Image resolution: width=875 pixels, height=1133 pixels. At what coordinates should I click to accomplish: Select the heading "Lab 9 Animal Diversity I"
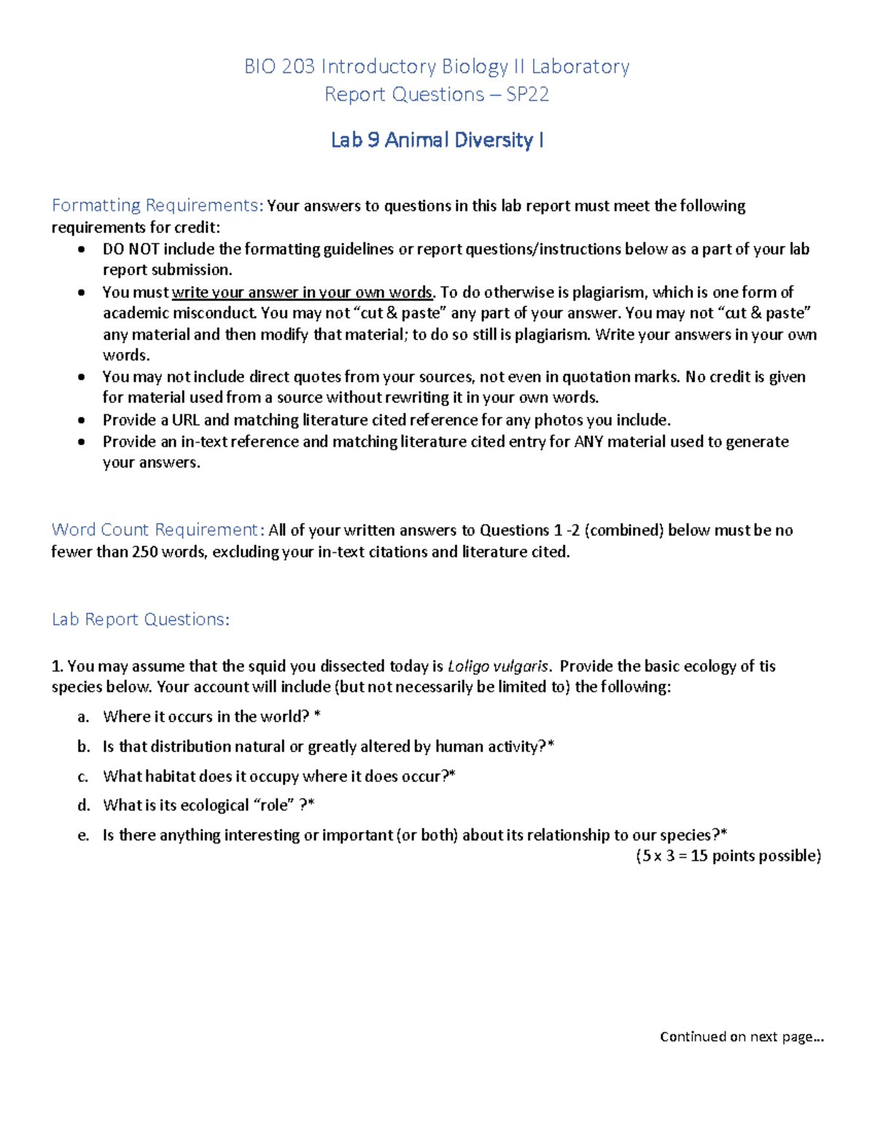click(437, 140)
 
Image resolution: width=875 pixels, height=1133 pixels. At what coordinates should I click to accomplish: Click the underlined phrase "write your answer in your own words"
click(303, 293)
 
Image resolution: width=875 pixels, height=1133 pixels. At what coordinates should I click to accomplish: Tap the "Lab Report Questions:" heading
click(141, 619)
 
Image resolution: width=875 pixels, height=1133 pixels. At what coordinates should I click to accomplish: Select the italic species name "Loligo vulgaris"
click(498, 666)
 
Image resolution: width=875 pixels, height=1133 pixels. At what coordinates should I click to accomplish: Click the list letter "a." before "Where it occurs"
click(83, 717)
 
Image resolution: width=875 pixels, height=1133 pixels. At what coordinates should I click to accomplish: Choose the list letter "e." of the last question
click(83, 835)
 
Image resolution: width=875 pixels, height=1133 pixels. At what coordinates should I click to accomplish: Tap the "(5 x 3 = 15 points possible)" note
click(728, 856)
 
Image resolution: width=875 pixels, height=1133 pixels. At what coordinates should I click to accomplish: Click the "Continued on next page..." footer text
click(742, 1037)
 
